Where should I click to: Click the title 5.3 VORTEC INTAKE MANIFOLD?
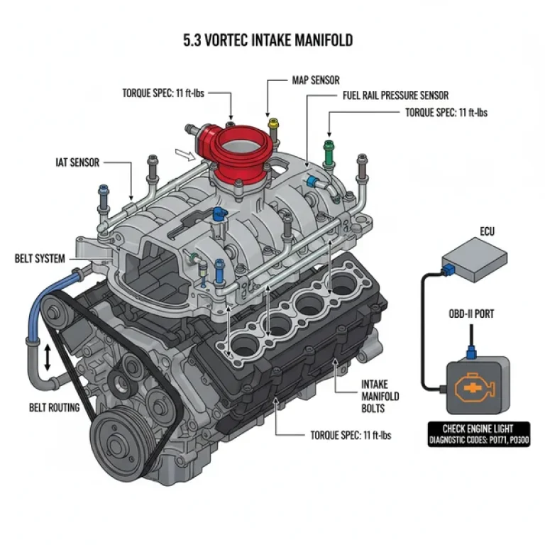pos(268,40)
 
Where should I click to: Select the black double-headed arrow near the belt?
pos(48,358)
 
